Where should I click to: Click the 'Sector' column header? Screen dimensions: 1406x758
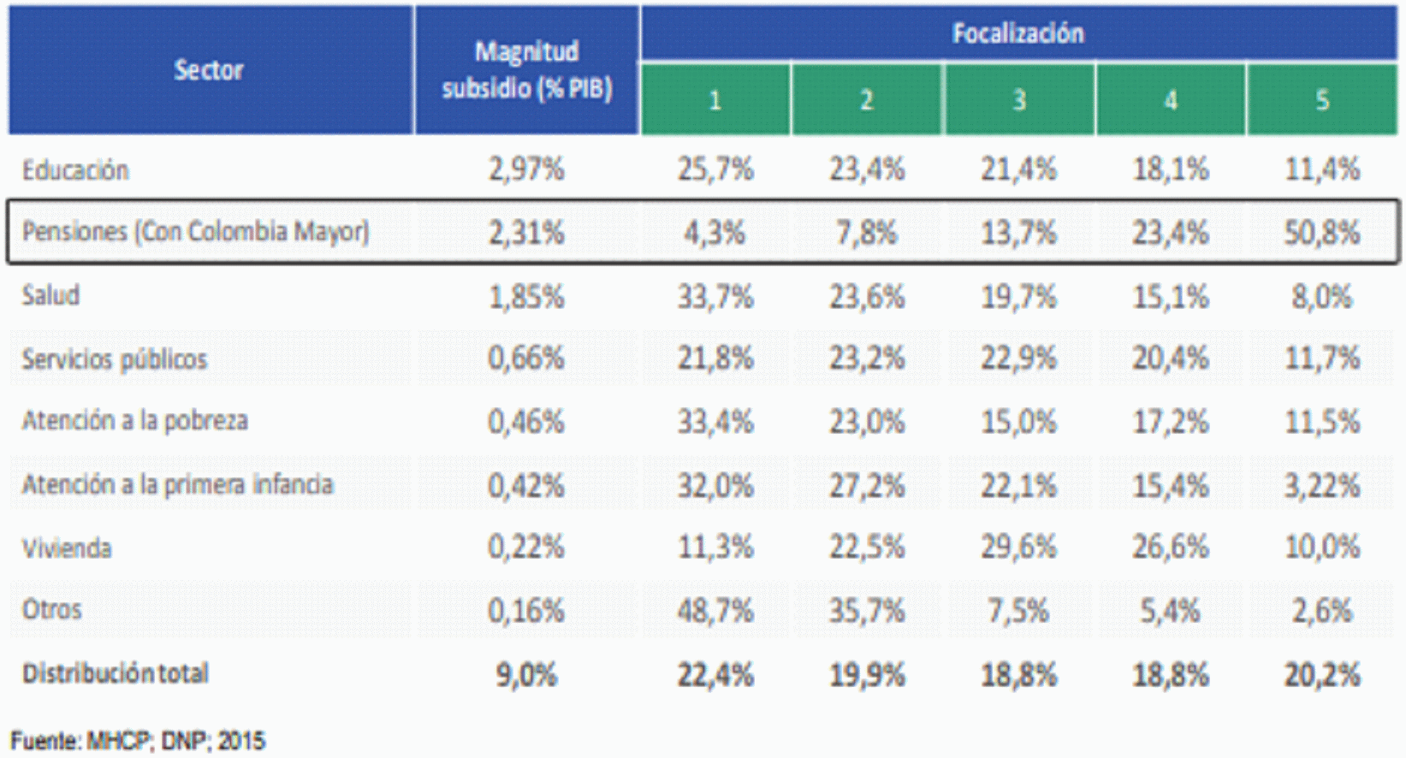point(209,69)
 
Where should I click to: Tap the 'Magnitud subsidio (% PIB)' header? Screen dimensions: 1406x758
point(526,69)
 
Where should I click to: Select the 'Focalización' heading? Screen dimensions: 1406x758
point(1018,33)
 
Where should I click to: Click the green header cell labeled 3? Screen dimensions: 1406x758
point(1019,99)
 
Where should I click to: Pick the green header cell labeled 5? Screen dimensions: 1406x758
point(1322,99)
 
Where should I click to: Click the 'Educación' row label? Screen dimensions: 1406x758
point(75,170)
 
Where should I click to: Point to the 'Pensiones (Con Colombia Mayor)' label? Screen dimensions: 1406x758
point(196,232)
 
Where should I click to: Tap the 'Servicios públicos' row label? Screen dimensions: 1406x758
point(114,359)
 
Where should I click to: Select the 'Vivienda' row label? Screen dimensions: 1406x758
point(67,548)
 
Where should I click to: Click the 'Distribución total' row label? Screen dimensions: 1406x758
point(116,673)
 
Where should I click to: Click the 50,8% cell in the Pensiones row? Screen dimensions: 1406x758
point(1322,233)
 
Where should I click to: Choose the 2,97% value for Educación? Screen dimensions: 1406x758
point(526,169)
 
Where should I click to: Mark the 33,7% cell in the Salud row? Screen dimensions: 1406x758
point(715,296)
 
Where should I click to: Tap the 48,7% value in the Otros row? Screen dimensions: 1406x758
point(715,611)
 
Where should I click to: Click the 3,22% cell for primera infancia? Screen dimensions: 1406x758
point(1322,486)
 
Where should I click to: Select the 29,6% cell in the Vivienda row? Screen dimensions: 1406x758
point(1019,548)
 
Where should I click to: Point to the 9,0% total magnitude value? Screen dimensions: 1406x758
point(526,675)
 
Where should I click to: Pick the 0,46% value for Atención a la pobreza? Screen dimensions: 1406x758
point(526,421)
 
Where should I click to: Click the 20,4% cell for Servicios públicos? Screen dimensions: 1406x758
point(1171,358)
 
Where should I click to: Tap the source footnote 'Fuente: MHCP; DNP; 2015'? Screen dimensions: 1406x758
point(138,741)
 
